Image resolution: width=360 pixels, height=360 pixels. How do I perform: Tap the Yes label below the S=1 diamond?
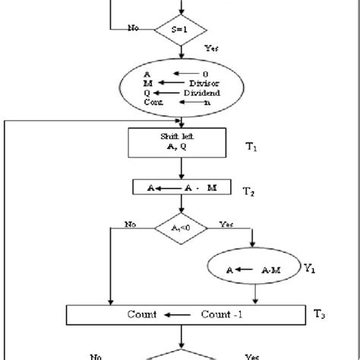(213, 48)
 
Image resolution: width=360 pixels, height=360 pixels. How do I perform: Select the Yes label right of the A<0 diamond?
(227, 225)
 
